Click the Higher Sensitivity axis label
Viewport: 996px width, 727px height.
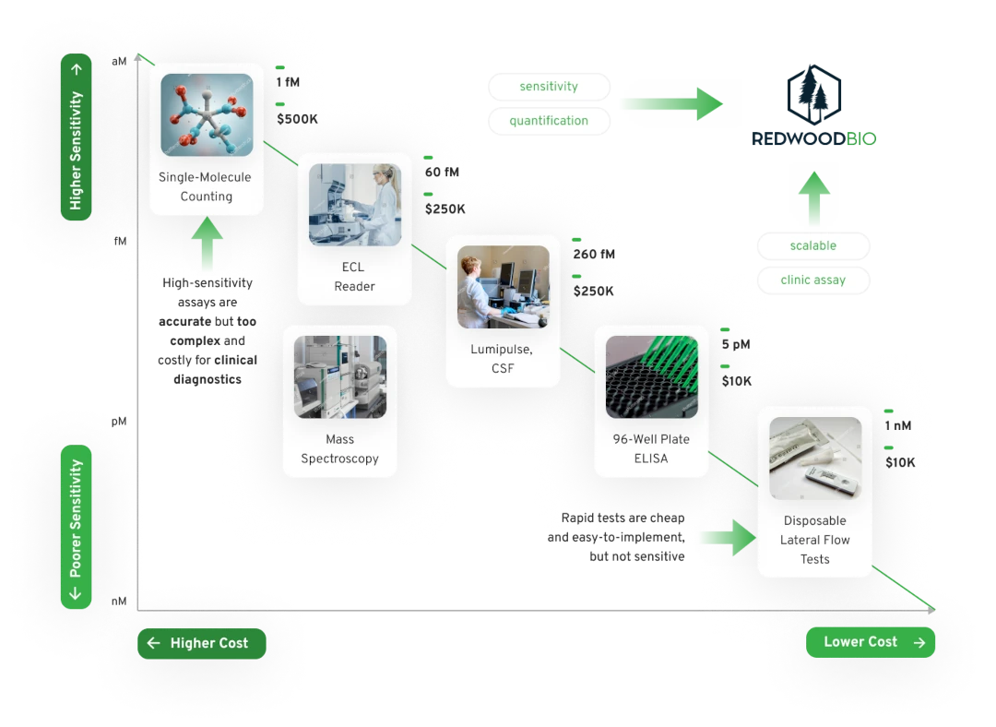tap(76, 137)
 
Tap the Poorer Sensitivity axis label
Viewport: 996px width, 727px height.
tap(76, 527)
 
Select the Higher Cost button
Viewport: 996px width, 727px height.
tap(201, 644)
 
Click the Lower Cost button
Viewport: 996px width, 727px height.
tap(870, 642)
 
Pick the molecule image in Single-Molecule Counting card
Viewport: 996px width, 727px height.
tap(207, 114)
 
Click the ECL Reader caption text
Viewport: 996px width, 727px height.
tap(354, 277)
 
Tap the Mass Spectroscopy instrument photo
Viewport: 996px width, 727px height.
tap(339, 376)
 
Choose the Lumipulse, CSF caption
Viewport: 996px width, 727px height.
tap(503, 359)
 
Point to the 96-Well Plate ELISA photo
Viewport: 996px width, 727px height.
tap(651, 377)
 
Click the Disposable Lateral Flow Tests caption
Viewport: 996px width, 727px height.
tap(814, 540)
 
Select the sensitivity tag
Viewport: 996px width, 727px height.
tap(549, 87)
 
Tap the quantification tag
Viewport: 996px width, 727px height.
tap(549, 121)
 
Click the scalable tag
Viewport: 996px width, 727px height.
tap(813, 246)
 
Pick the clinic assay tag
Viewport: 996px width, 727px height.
tap(813, 280)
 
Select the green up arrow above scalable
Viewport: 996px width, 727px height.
tap(813, 197)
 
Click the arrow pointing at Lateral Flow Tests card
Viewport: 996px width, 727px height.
tap(729, 537)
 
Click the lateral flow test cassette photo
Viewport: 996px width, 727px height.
tap(814, 459)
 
